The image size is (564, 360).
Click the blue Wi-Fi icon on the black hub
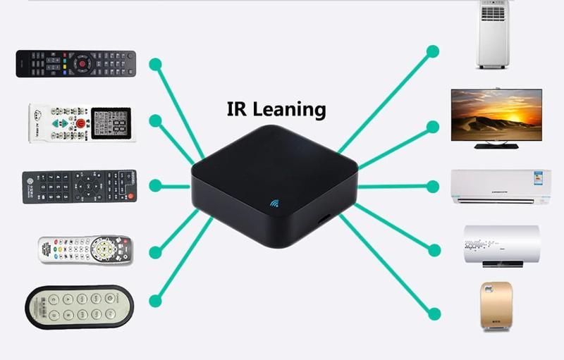[274, 204]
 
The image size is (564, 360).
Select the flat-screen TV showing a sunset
[496, 115]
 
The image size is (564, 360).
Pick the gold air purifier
[496, 305]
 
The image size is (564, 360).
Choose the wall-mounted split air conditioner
[501, 186]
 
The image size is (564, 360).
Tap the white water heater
[502, 244]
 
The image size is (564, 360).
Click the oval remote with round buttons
[80, 306]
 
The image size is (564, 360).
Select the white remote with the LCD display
[82, 123]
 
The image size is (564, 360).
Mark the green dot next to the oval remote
[155, 301]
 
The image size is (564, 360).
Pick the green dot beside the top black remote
[155, 65]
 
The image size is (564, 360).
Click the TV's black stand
[496, 145]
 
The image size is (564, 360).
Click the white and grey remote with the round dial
[85, 249]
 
